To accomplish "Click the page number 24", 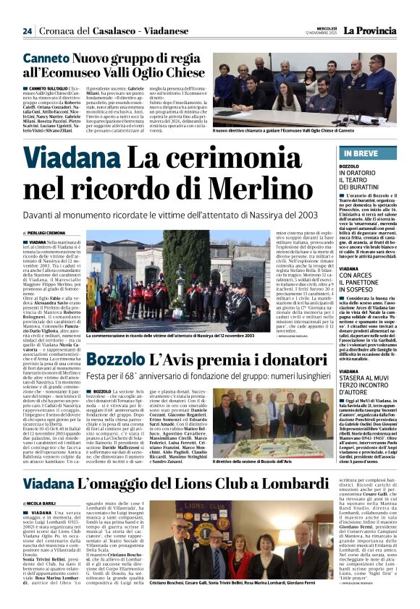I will (x=28, y=30).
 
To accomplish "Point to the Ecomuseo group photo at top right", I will (x=276, y=89).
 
